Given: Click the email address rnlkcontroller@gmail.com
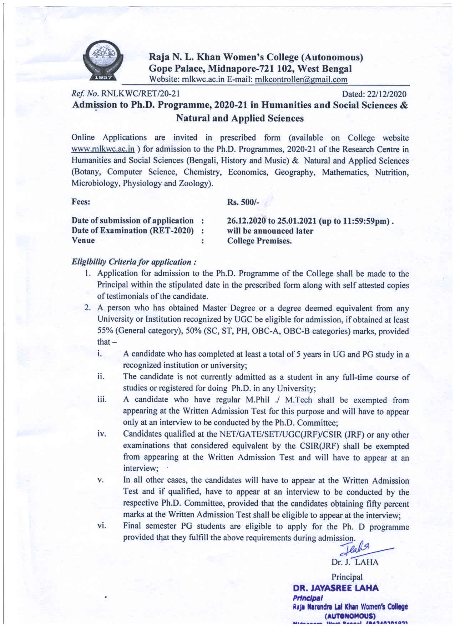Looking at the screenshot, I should point(301,79).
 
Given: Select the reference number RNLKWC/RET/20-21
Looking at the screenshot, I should point(141,94).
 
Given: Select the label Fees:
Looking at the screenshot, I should point(81,202).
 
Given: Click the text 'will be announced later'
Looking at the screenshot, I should point(270,231).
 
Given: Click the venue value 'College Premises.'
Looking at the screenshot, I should point(259,241).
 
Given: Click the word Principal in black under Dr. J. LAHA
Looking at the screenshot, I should point(347,577).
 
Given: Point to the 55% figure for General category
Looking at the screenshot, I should point(105,331).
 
